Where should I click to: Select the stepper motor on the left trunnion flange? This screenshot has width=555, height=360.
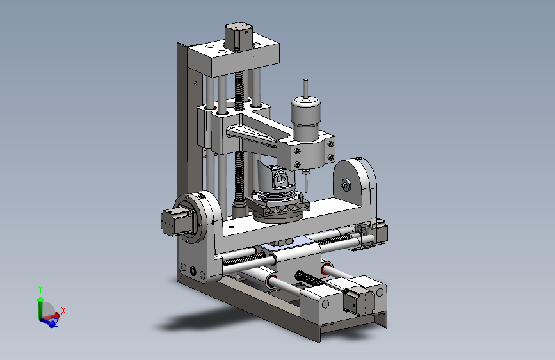coord(173,222)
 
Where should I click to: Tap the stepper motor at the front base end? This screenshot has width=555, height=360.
coord(359,302)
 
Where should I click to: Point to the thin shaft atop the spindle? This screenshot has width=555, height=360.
coord(305,88)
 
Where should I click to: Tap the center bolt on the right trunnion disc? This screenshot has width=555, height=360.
coord(345,184)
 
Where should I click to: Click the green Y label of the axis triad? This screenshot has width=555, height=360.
coord(40,289)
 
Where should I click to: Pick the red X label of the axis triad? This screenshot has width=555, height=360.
coord(63,311)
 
